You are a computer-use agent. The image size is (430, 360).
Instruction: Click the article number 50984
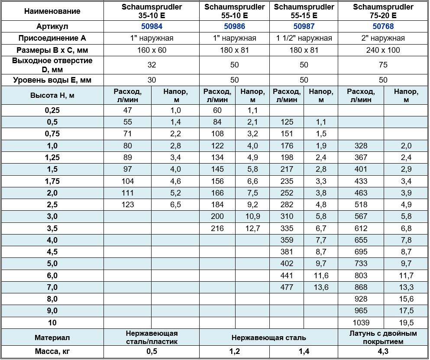tap(152, 26)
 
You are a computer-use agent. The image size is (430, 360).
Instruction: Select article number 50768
tap(383, 26)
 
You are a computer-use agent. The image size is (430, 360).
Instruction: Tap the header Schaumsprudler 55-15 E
tap(304, 11)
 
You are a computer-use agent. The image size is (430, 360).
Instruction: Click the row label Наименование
tap(52, 11)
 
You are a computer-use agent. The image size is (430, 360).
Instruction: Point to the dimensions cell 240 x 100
tap(383, 50)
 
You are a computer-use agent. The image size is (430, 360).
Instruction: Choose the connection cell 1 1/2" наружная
tap(304, 38)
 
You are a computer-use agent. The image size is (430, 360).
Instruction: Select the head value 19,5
tap(406, 322)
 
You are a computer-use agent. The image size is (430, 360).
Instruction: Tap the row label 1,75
tap(52, 181)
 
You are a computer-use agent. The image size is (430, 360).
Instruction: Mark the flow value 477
tap(287, 287)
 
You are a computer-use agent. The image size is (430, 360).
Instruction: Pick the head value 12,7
tap(252, 228)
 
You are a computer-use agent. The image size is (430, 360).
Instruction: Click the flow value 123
tap(128, 205)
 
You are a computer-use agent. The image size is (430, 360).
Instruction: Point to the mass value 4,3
tap(383, 351)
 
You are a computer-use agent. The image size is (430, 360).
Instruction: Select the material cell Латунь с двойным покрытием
tap(383, 337)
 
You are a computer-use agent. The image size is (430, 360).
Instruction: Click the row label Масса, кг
tap(52, 351)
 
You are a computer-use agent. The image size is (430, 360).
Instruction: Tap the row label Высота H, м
tap(52, 95)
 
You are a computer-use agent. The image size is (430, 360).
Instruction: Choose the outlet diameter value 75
tap(383, 65)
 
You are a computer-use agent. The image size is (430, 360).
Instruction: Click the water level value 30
tap(152, 80)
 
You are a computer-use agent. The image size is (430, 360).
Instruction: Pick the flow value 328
tap(361, 145)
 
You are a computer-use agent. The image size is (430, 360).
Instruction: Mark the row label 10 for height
tap(52, 322)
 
